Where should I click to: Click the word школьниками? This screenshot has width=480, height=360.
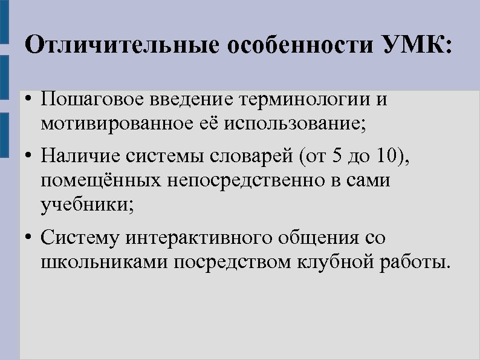105,263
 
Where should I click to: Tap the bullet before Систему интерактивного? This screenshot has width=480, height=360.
29,238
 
